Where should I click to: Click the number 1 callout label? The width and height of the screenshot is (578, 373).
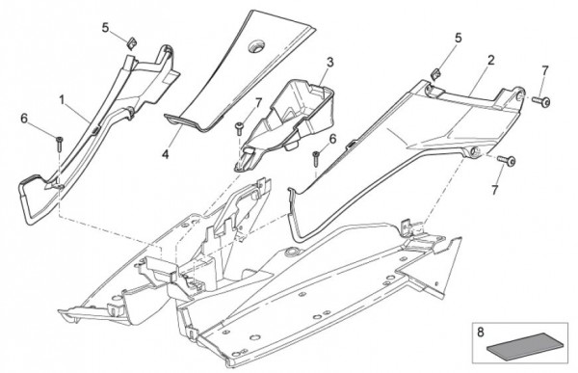(x=62, y=99)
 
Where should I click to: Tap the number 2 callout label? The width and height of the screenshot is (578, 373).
(x=490, y=60)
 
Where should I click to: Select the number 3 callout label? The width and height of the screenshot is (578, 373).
(x=329, y=62)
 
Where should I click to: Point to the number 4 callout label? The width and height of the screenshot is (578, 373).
(x=166, y=154)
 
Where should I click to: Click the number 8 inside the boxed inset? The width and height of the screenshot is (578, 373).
(x=481, y=333)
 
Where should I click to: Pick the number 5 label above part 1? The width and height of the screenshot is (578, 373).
(x=106, y=27)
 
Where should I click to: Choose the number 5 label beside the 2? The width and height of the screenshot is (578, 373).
(x=459, y=38)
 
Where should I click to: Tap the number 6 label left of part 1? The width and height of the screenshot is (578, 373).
(x=24, y=118)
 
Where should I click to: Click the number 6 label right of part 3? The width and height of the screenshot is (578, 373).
(x=332, y=139)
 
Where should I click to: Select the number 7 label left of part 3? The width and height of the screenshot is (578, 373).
(x=257, y=103)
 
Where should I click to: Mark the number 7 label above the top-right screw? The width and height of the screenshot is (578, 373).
(x=545, y=70)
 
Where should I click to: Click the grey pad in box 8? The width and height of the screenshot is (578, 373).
(x=525, y=344)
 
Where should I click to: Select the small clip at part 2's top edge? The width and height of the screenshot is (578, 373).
(x=436, y=73)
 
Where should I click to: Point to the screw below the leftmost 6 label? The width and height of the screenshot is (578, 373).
(x=59, y=144)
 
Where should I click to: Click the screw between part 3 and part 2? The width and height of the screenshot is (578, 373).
(x=316, y=158)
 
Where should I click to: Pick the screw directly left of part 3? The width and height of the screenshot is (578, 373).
(x=239, y=129)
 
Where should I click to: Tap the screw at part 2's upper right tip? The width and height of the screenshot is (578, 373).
(x=541, y=101)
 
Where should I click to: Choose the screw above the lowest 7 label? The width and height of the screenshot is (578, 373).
(x=507, y=161)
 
